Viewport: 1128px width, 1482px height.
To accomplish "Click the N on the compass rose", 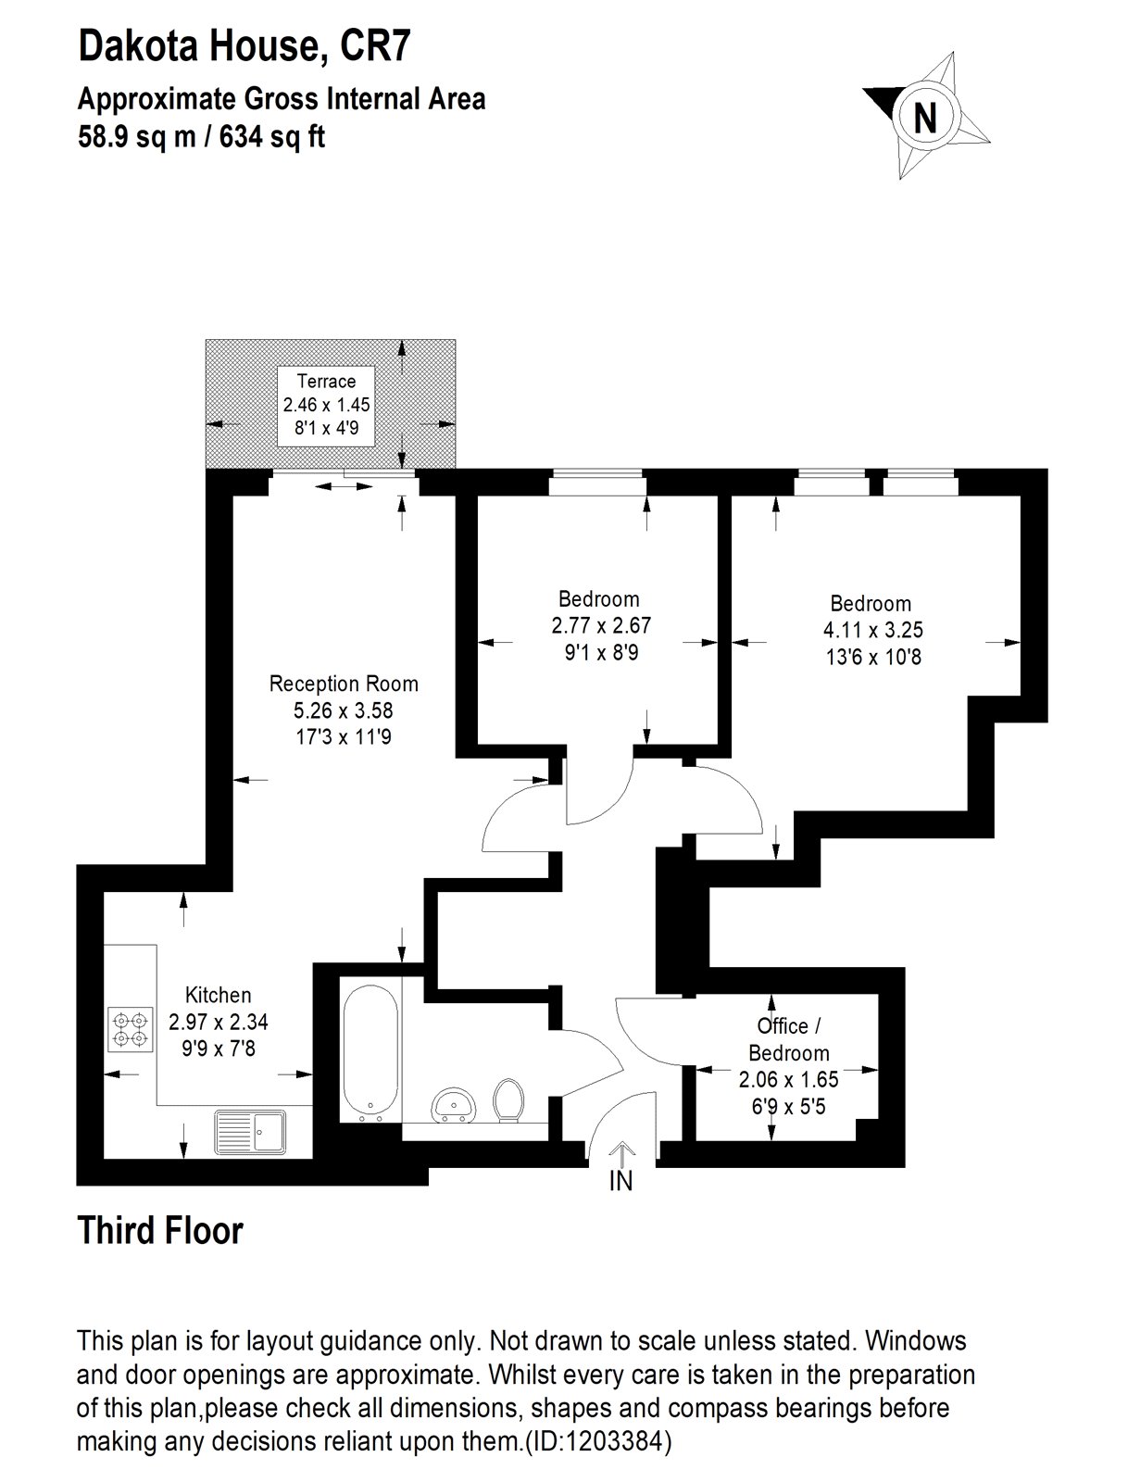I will click(925, 118).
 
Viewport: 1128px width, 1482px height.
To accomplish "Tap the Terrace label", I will click(326, 381).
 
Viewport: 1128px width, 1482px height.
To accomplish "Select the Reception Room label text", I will click(344, 684).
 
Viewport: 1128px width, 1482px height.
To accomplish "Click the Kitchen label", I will click(219, 995).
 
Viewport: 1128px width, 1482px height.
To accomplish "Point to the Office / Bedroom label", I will click(789, 1039).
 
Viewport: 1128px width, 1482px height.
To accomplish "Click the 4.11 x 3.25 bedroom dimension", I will click(872, 631).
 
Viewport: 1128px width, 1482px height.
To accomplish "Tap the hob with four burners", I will click(130, 1029).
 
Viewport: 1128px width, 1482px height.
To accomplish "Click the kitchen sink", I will click(251, 1130).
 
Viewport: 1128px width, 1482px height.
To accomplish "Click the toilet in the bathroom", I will click(508, 1099).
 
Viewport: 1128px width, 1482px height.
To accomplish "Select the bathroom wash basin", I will click(454, 1105).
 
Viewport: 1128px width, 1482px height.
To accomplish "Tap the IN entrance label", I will click(620, 1181).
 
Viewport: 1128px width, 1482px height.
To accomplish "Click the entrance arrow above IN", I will click(621, 1153).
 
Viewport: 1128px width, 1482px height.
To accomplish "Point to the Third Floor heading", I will click(159, 1231).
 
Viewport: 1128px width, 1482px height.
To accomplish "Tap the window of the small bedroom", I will click(597, 475).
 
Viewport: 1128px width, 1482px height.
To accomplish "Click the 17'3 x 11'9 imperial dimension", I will click(344, 737).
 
